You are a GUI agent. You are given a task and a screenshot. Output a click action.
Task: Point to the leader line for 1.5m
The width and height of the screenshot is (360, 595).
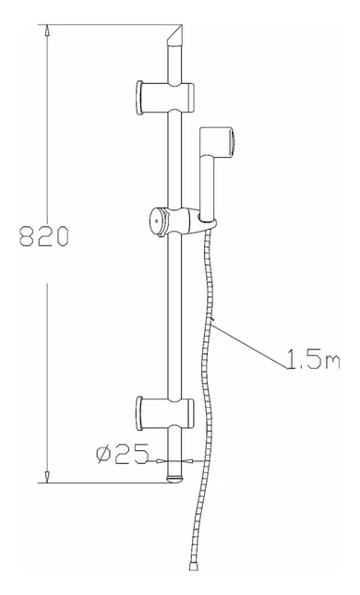click(x=248, y=342)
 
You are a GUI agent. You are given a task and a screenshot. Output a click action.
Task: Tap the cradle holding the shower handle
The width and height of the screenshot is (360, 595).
click(x=204, y=221)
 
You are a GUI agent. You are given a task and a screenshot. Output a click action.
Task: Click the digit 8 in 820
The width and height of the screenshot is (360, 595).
click(x=26, y=237)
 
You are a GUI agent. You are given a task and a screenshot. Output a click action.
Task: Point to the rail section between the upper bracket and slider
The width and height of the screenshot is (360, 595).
click(x=174, y=157)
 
